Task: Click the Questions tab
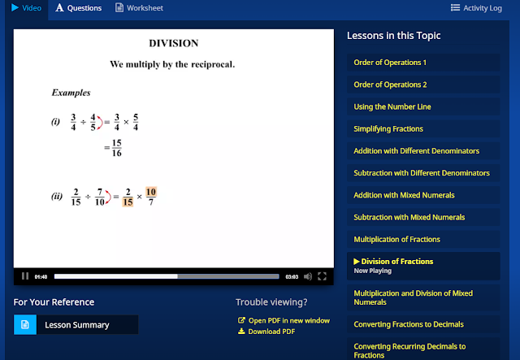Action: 79,8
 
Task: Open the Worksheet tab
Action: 139,8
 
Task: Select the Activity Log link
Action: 476,8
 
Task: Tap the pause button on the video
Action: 25,276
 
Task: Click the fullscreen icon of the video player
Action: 322,276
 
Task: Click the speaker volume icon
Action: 308,276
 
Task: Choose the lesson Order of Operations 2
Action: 390,85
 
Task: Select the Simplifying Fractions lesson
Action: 388,128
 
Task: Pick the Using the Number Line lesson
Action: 392,106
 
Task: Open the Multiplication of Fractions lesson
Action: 397,239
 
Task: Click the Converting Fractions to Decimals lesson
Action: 409,324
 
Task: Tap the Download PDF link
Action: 266,332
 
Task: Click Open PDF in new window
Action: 284,320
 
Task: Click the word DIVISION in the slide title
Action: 174,43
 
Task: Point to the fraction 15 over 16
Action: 117,148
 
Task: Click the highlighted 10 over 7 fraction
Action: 151,196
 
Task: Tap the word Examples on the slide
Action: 71,93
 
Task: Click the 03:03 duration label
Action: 292,277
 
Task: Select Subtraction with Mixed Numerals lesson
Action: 409,217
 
